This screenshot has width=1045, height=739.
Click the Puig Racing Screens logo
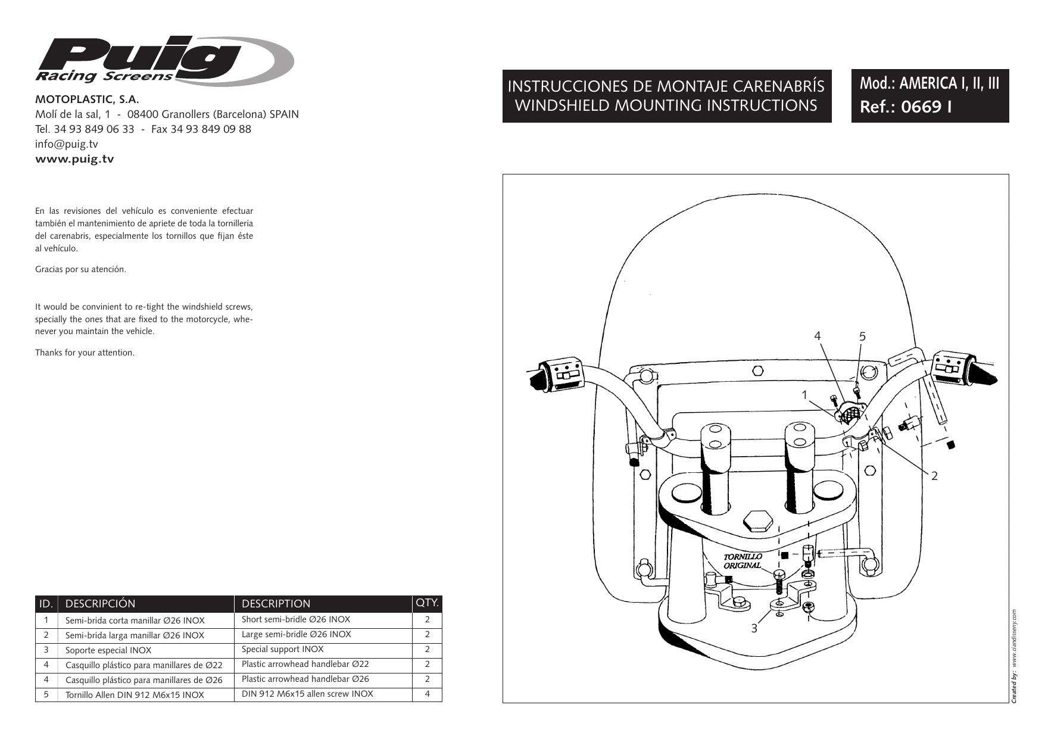tap(164, 60)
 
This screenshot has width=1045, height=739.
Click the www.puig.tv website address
tap(75, 159)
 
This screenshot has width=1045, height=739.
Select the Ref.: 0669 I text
tap(905, 108)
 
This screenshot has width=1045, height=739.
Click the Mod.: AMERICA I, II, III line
tap(929, 83)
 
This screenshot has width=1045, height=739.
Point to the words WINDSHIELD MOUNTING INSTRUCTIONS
tap(666, 105)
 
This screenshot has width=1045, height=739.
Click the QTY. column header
tap(427, 603)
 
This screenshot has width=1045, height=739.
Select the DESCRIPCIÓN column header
tap(100, 604)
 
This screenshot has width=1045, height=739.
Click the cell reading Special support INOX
tap(283, 650)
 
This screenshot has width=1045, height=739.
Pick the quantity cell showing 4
tap(427, 694)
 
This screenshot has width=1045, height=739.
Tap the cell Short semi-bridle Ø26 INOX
tap(296, 619)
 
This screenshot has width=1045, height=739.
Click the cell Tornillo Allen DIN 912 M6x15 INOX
tap(135, 695)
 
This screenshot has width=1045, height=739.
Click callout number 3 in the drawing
tap(754, 628)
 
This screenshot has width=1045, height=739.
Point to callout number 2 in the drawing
tap(934, 475)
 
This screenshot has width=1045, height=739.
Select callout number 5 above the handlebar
tap(862, 336)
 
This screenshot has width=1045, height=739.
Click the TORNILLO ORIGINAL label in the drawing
tap(743, 561)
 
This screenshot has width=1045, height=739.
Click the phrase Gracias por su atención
tap(80, 270)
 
